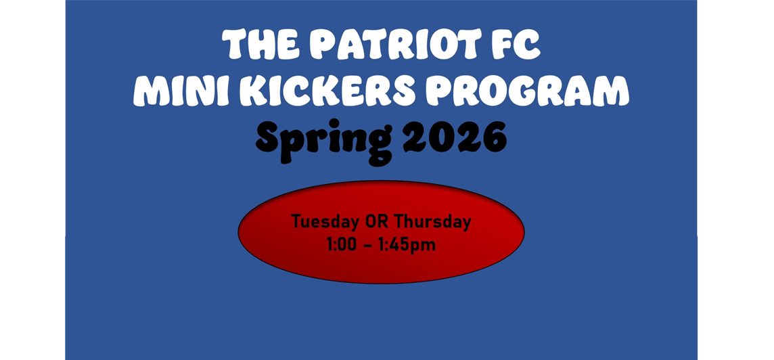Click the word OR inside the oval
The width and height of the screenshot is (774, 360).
[378, 221]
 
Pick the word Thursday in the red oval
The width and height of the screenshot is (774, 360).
[432, 221]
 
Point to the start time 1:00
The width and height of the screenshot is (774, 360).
[341, 244]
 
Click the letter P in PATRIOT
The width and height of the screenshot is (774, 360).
[324, 45]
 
